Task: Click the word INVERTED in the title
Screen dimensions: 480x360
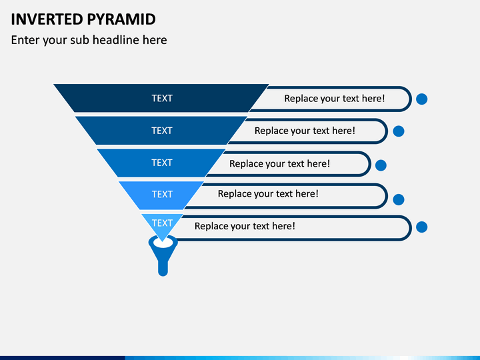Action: tap(47, 19)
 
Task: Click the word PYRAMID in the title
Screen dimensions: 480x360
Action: tap(121, 19)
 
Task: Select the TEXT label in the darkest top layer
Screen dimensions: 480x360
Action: tap(162, 98)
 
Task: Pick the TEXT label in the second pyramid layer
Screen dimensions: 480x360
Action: tap(162, 131)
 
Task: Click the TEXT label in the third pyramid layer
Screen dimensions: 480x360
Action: tap(162, 163)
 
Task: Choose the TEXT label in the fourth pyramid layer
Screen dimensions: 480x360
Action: tap(162, 195)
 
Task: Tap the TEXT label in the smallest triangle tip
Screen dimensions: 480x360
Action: tap(162, 223)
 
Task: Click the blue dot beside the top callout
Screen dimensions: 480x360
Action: tap(421, 99)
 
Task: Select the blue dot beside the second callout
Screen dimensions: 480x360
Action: tap(398, 131)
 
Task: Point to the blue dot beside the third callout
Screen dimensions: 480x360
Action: tap(381, 165)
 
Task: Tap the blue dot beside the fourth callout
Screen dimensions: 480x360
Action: tap(398, 199)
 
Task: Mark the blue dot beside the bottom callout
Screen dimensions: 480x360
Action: tap(421, 227)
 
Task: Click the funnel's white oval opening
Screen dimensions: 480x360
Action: tap(163, 243)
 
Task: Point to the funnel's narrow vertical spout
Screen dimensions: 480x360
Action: tap(163, 267)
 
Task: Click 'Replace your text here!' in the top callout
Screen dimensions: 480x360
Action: tap(334, 99)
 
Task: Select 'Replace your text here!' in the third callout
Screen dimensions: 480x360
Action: tap(279, 164)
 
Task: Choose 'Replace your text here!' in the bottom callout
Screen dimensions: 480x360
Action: tap(245, 226)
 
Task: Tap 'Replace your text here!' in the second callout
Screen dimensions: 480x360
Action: tap(305, 131)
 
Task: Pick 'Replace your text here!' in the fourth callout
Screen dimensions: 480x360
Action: tap(268, 194)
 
